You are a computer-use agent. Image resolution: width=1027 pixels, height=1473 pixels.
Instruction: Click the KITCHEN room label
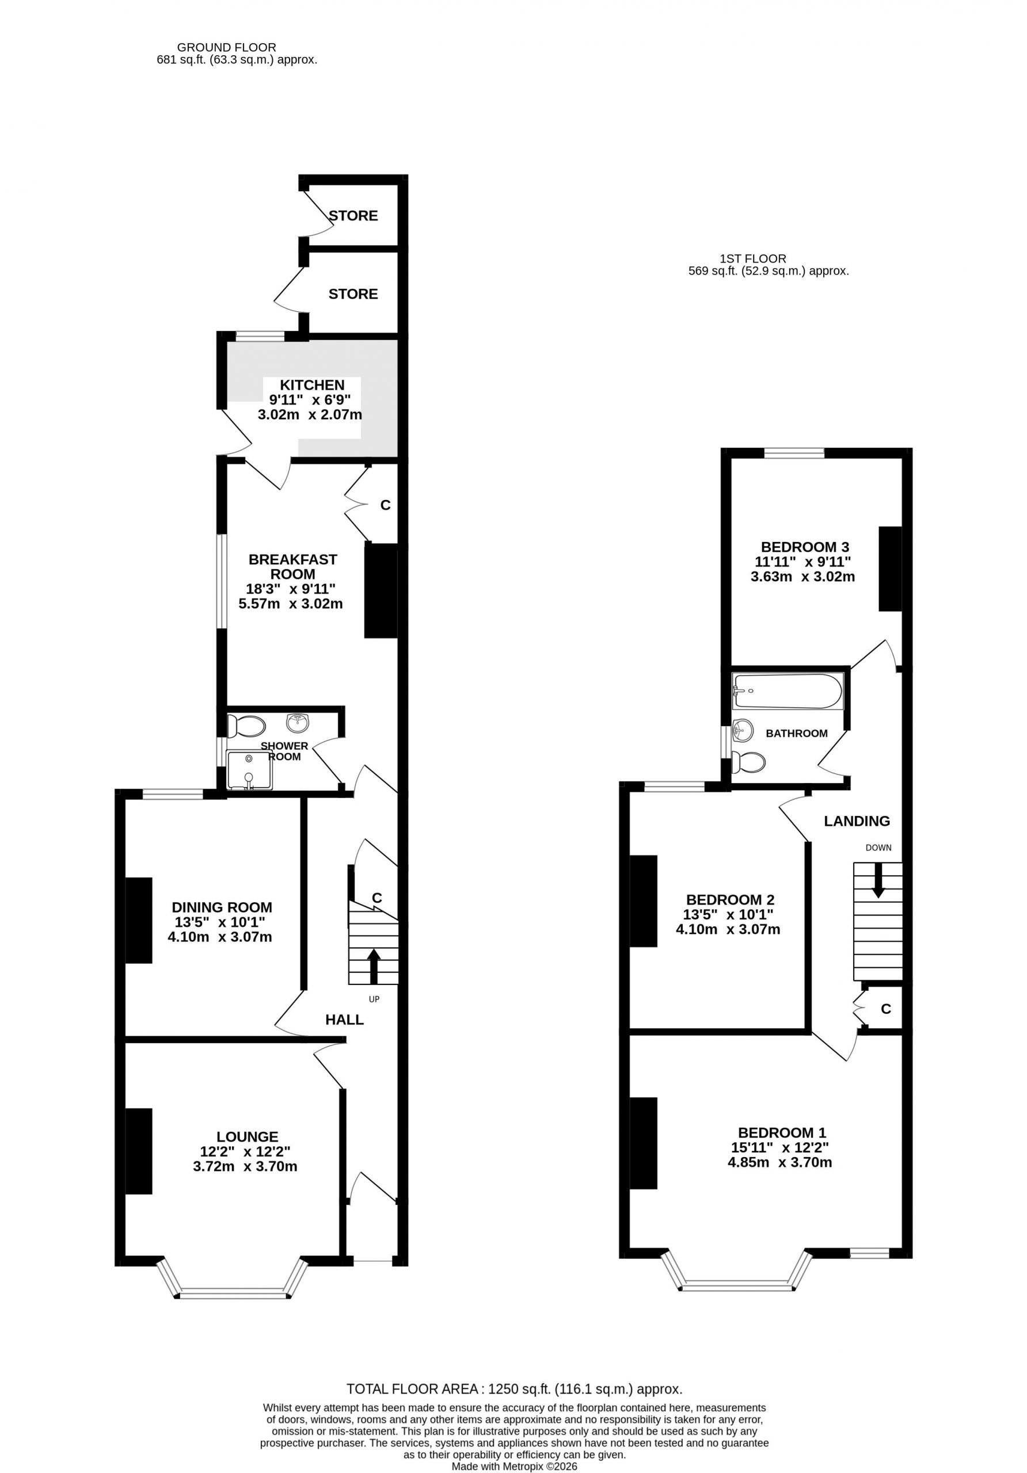click(x=312, y=385)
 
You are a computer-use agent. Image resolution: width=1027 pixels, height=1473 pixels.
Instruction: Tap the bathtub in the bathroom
click(x=787, y=691)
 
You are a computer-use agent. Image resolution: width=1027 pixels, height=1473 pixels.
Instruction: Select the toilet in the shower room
click(x=246, y=727)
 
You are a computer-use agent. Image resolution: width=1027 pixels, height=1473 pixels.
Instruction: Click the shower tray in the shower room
click(x=249, y=769)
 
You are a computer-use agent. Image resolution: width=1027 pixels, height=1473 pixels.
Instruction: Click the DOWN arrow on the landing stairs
click(x=877, y=880)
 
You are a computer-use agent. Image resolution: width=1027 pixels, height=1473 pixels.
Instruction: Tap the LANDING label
click(x=857, y=821)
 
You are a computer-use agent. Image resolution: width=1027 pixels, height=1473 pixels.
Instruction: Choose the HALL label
click(x=344, y=1020)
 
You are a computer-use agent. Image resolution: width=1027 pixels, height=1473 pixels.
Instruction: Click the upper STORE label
click(x=353, y=216)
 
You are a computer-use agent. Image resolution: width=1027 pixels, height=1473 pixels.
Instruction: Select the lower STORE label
click(x=353, y=294)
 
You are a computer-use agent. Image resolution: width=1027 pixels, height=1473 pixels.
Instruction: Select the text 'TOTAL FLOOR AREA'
click(x=413, y=1389)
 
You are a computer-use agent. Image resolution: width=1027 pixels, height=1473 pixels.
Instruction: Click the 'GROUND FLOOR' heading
click(x=227, y=48)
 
